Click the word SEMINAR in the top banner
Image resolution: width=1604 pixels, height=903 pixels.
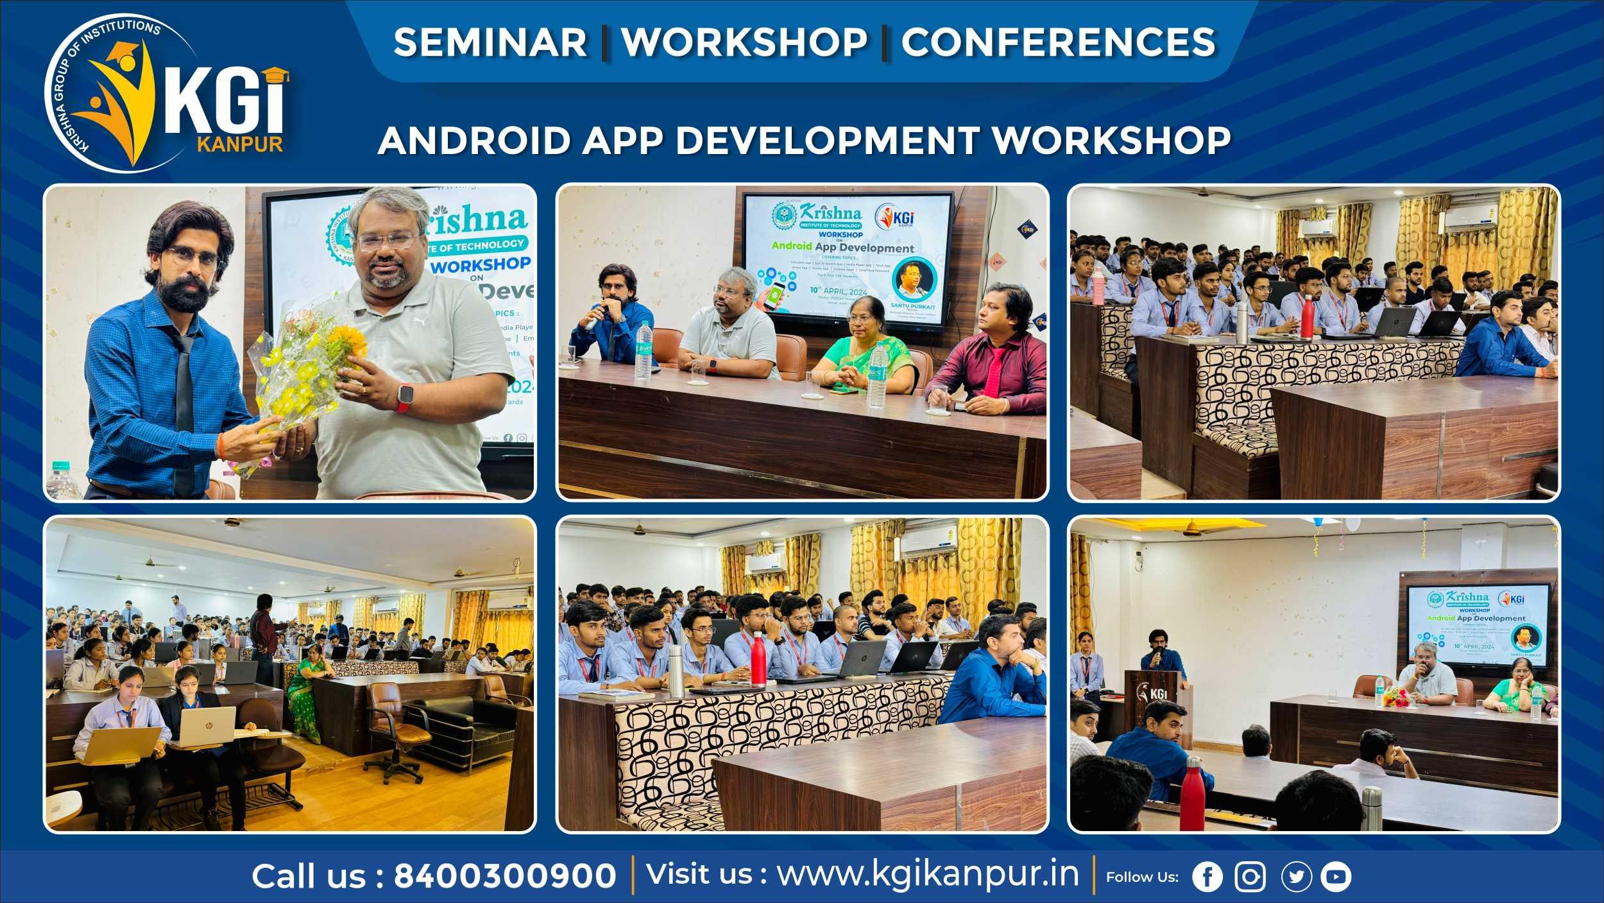490,42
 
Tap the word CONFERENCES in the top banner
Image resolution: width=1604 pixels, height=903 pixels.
1058,42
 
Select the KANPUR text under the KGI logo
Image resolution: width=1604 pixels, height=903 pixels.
240,142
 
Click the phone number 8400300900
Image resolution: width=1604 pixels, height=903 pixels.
504,876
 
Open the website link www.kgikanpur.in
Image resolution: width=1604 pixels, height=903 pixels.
928,874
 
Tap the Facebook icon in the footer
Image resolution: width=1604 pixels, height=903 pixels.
1207,877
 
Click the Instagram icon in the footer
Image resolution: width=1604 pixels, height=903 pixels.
1250,877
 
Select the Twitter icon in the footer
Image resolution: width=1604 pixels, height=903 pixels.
1296,877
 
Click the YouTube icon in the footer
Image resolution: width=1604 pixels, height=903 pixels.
1336,877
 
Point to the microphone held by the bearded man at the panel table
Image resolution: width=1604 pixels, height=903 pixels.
594,314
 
